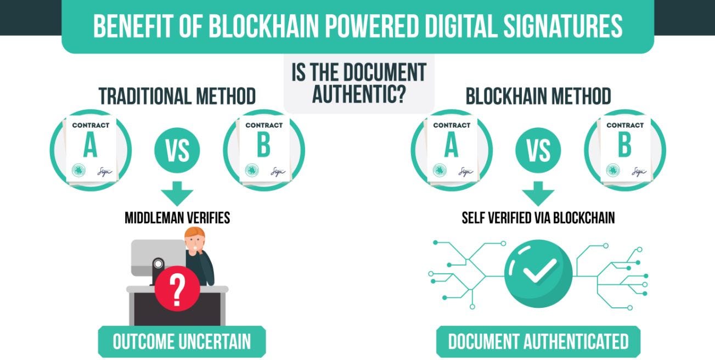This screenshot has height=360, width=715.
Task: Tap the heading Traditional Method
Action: (x=177, y=97)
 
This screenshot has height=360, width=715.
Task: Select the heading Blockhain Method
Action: (x=538, y=97)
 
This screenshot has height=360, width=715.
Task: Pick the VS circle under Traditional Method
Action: (x=177, y=149)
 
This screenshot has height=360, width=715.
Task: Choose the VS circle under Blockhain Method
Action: (x=538, y=149)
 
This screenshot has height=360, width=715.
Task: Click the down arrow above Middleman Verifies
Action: (x=177, y=193)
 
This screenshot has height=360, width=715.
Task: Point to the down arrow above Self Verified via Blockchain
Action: (x=538, y=193)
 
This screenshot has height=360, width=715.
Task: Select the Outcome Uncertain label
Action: (x=182, y=342)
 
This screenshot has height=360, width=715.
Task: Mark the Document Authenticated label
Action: (x=538, y=342)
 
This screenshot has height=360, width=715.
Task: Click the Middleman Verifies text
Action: (x=177, y=218)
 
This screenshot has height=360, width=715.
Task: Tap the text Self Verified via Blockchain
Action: (x=538, y=218)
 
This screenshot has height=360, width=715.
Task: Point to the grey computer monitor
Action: (x=157, y=255)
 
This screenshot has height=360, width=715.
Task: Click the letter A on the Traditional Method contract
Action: (x=91, y=146)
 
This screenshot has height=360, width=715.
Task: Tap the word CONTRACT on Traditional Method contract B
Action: (x=263, y=125)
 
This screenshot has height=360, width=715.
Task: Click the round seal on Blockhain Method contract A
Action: (x=440, y=170)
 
